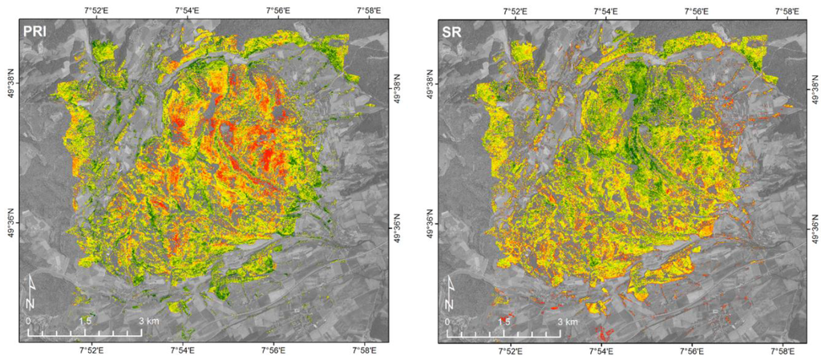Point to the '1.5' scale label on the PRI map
[x=84, y=321]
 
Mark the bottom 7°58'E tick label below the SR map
[x=785, y=351]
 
